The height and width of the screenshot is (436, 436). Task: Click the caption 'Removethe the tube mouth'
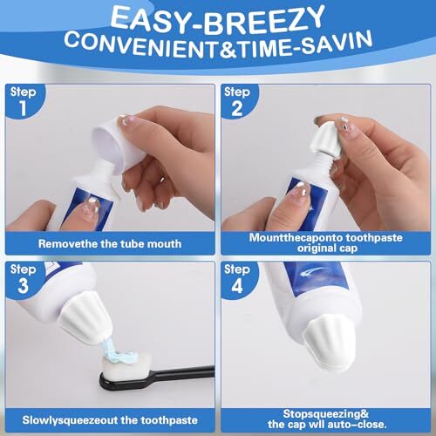coord(112,243)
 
